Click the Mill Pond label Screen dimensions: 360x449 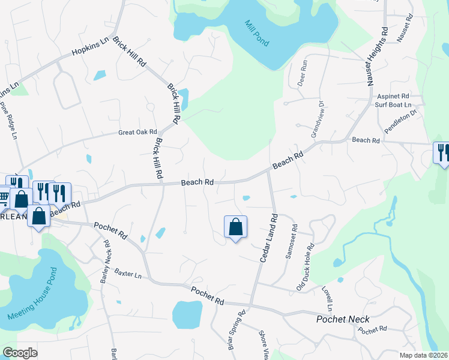pos(257,34)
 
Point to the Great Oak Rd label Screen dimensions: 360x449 pos(137,132)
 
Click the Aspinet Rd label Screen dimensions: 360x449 pos(393,96)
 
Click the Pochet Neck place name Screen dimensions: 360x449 pos(343,319)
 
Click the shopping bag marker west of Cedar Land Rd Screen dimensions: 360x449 pos(235,227)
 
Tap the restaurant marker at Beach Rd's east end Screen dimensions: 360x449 pos(442,152)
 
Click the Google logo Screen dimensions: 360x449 pos(20,353)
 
